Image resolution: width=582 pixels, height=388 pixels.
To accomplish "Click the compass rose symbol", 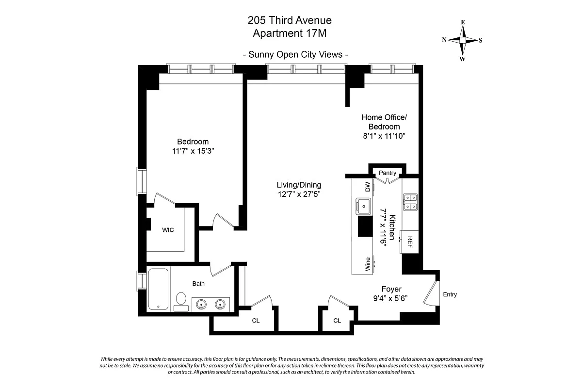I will [462, 40].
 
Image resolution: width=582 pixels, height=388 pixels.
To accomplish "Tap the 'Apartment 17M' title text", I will [290, 33].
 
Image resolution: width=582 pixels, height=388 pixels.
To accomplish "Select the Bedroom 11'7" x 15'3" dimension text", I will [193, 151].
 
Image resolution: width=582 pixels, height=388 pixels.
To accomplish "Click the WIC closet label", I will [168, 230].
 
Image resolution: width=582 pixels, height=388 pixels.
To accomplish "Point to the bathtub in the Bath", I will [158, 290].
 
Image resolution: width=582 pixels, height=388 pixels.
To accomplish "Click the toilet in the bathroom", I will [181, 299].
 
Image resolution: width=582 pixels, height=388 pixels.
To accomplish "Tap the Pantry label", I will [388, 173].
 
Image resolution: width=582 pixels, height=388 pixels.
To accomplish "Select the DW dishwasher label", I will [367, 187].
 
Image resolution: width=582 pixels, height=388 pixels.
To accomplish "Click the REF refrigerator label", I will [410, 242].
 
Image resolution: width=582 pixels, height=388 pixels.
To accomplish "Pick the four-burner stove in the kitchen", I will [410, 202].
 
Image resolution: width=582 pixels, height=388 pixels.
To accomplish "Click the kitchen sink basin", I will [362, 206].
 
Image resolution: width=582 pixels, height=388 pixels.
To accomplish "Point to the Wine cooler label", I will [368, 264].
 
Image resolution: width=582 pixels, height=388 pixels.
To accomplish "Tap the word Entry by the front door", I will [450, 294].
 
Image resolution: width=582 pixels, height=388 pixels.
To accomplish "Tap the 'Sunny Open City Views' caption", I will [295, 54].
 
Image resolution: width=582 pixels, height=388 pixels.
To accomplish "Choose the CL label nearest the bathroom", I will [256, 321].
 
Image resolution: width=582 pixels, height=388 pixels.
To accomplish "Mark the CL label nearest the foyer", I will [337, 321].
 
